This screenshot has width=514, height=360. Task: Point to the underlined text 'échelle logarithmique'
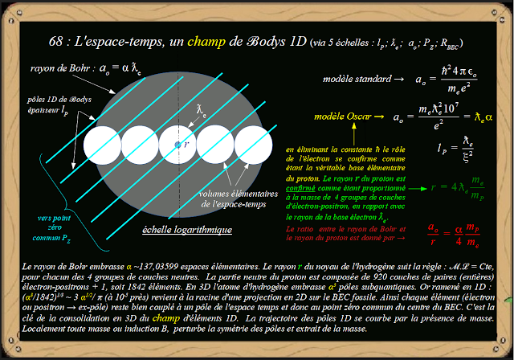click(x=187, y=230)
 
